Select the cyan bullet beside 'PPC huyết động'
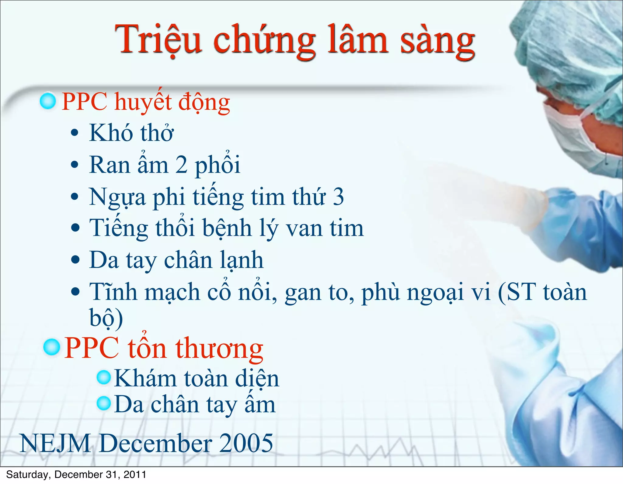(48, 101)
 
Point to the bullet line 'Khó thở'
(131, 133)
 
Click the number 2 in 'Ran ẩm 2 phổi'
(181, 165)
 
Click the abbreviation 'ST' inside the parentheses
(520, 292)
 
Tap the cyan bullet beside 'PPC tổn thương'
(51, 347)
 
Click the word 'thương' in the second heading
(219, 348)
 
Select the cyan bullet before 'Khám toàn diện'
(104, 377)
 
